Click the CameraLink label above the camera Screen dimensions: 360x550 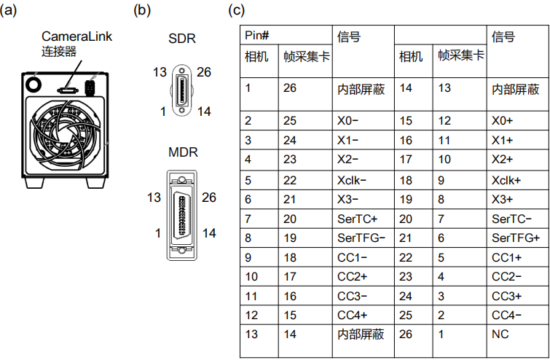[76, 36]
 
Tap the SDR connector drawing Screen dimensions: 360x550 [179, 91]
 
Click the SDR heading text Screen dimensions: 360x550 [182, 39]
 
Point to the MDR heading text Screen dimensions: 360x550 [183, 153]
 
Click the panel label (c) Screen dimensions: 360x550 [237, 11]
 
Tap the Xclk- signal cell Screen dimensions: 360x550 [353, 179]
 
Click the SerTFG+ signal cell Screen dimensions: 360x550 [516, 238]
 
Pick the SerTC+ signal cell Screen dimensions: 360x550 [358, 219]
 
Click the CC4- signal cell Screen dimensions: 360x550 [507, 315]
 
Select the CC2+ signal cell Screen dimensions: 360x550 [353, 277]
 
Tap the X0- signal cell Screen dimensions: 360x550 [349, 120]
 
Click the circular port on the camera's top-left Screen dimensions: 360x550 [33, 85]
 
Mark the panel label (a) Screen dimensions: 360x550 [11, 11]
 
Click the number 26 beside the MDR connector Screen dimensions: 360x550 [209, 197]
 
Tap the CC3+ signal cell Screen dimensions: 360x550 [507, 296]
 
